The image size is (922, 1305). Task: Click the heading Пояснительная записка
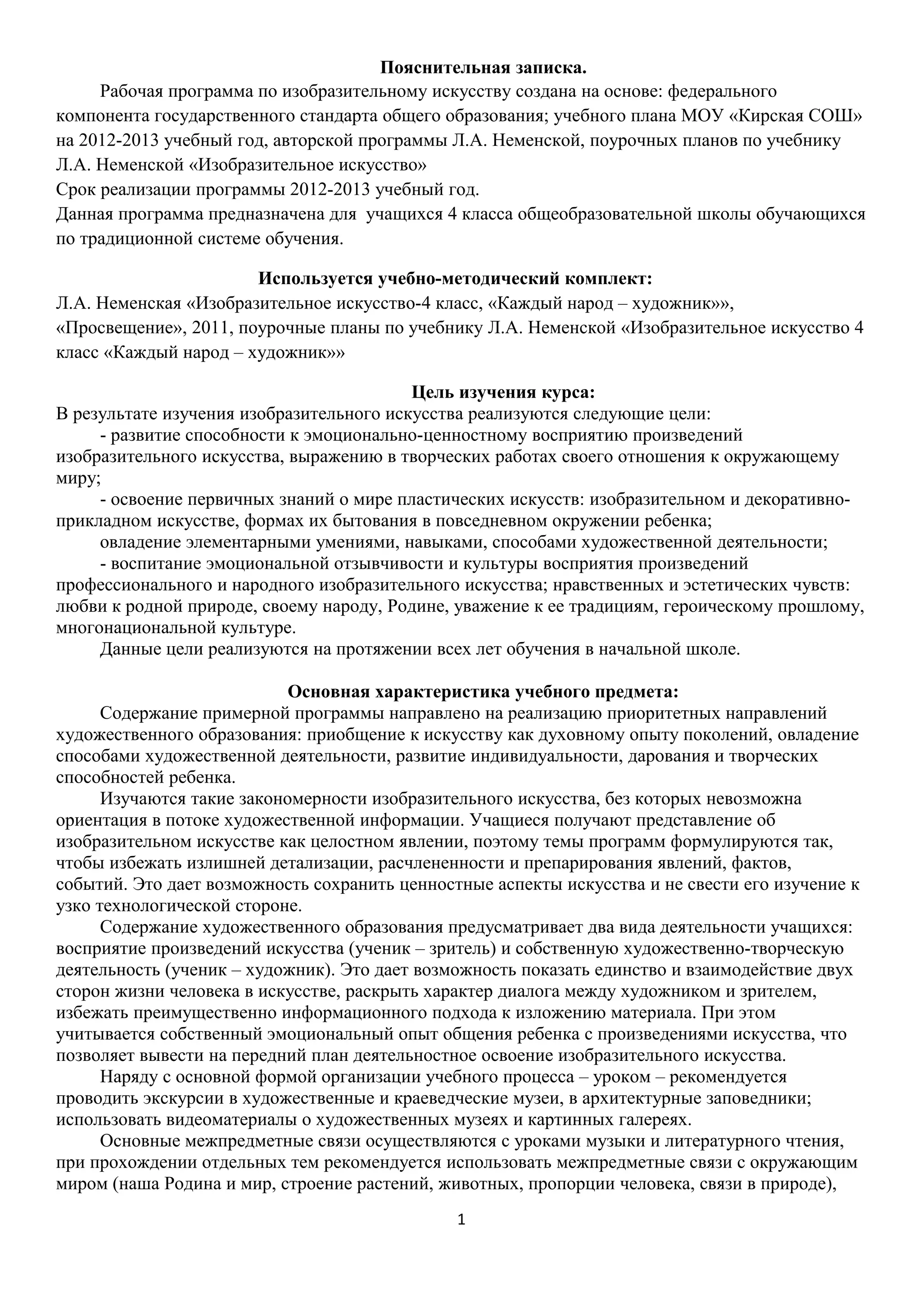(483, 68)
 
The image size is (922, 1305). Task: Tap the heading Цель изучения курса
(503, 392)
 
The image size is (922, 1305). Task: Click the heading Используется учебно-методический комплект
(455, 279)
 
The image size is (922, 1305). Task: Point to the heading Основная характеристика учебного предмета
(483, 692)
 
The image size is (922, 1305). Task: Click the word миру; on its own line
(78, 478)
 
